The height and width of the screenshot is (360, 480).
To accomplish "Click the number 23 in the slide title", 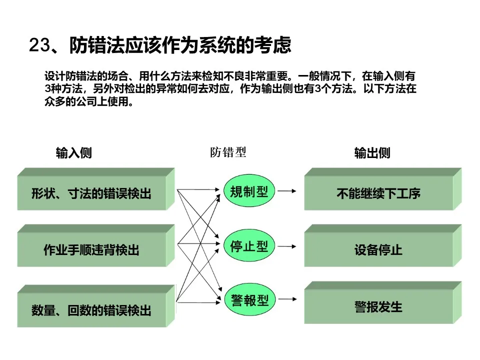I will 39,45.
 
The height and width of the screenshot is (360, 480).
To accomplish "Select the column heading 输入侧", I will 73,153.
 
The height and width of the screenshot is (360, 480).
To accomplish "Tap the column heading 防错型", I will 228,152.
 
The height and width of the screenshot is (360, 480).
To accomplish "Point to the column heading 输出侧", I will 372,153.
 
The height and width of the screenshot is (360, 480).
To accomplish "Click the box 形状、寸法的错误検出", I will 91,193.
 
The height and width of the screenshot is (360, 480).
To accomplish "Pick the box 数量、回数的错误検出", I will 91,310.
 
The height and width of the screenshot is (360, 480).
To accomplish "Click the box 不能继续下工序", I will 378,193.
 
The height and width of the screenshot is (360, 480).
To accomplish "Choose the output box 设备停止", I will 378,249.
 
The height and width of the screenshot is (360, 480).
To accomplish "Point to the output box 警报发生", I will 378,306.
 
